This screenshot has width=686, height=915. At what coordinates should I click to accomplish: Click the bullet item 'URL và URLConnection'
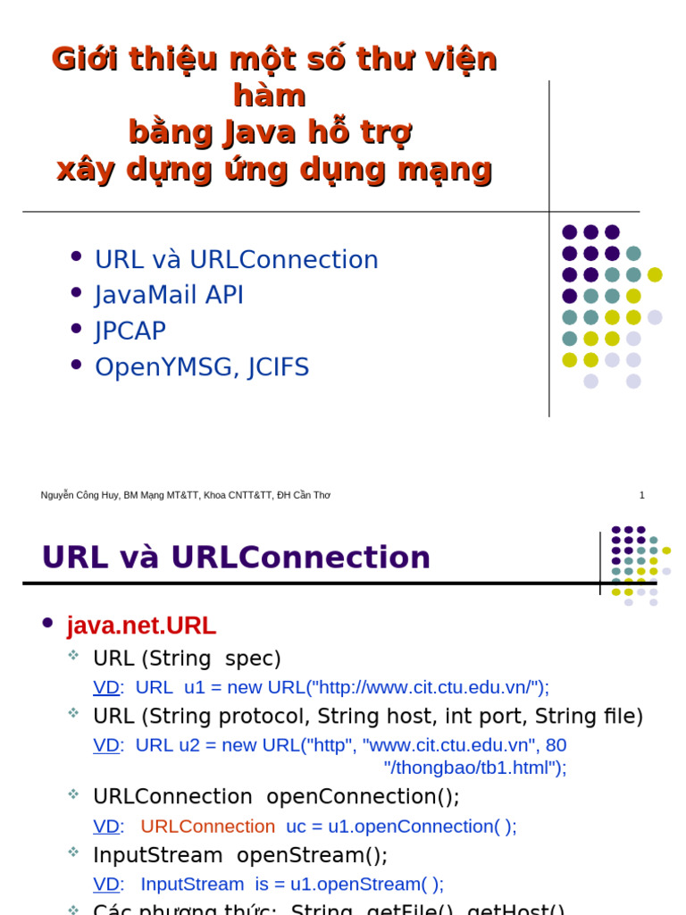(x=236, y=260)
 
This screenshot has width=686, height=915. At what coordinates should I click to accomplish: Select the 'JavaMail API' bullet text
(x=169, y=296)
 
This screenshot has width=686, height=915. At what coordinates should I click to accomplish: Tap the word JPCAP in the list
(x=130, y=332)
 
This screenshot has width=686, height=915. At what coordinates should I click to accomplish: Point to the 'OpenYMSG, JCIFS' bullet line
(x=202, y=367)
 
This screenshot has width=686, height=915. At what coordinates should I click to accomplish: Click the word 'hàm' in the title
(x=269, y=96)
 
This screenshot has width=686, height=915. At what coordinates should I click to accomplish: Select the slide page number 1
(x=641, y=495)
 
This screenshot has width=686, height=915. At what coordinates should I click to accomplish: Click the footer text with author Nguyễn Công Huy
(x=185, y=495)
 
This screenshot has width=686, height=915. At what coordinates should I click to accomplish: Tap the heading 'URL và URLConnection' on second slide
(x=236, y=558)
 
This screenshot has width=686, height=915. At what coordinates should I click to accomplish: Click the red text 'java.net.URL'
(x=141, y=625)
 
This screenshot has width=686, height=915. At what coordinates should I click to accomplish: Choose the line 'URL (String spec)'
(x=187, y=659)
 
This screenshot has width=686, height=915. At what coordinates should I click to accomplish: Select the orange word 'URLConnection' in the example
(x=207, y=827)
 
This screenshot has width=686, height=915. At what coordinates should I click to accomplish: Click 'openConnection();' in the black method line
(x=363, y=797)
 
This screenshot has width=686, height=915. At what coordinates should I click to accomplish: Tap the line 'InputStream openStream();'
(x=240, y=855)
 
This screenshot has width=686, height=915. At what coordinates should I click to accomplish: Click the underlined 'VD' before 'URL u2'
(x=105, y=745)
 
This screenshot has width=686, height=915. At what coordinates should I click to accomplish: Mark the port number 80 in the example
(x=556, y=745)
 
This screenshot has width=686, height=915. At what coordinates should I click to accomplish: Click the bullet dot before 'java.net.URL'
(x=48, y=623)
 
